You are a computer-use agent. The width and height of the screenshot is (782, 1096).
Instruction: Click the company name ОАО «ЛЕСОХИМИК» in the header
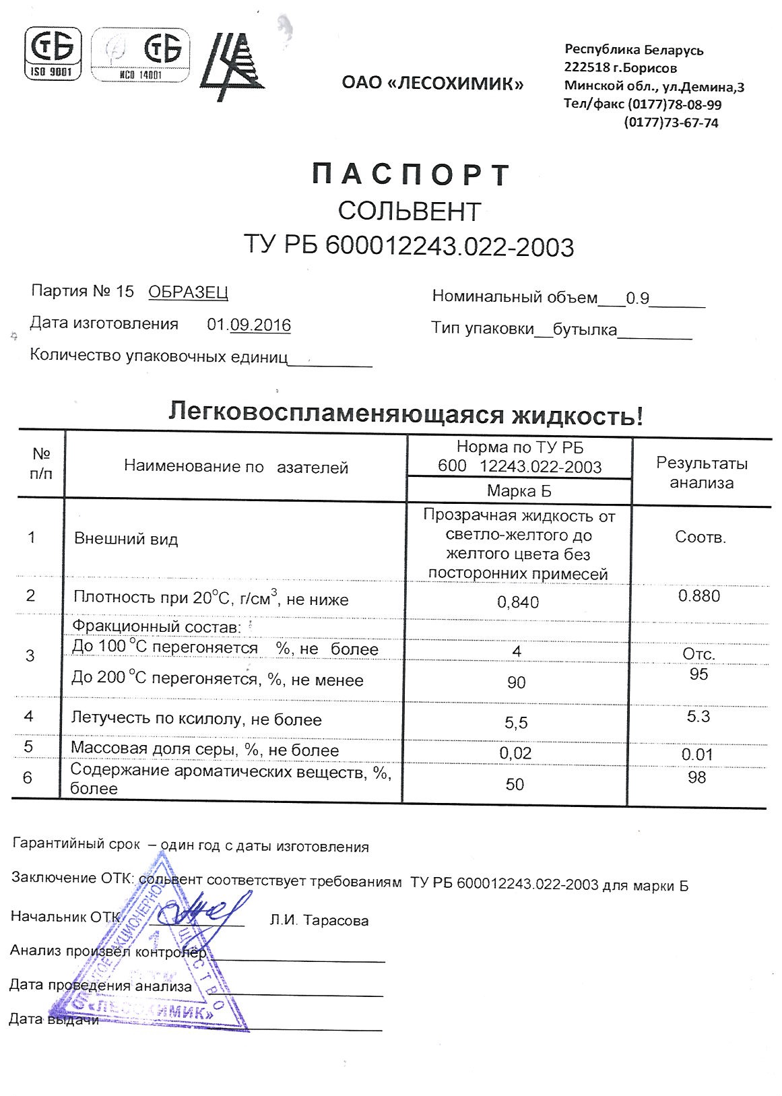coord(432,84)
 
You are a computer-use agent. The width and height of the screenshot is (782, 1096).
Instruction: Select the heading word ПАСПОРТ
coord(412,175)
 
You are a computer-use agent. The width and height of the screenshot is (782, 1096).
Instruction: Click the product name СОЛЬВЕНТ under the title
coord(410,212)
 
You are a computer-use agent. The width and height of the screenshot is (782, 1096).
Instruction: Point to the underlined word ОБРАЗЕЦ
coord(188,292)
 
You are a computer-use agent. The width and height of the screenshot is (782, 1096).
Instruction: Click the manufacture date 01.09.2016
coord(249,325)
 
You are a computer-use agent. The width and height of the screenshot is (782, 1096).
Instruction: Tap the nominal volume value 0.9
coord(637,298)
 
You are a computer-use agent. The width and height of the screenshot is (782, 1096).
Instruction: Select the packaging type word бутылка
coord(584,330)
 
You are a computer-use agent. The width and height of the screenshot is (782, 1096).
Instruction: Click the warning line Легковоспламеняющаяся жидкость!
coord(405,414)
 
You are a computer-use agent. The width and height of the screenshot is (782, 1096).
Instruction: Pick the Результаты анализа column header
coord(701,473)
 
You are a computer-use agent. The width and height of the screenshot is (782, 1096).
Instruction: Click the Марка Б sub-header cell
coord(519,491)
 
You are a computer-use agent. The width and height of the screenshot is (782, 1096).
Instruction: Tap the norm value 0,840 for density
coord(517,602)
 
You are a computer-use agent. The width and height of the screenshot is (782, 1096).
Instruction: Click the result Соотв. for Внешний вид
coord(700,538)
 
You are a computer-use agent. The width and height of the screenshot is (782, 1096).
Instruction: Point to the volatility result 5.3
coord(698,716)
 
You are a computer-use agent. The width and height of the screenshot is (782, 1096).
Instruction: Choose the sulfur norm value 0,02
coord(515,753)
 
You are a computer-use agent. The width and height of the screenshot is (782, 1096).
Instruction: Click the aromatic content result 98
coord(697,778)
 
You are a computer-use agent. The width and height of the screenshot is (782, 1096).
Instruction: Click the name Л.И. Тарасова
coord(319,920)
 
